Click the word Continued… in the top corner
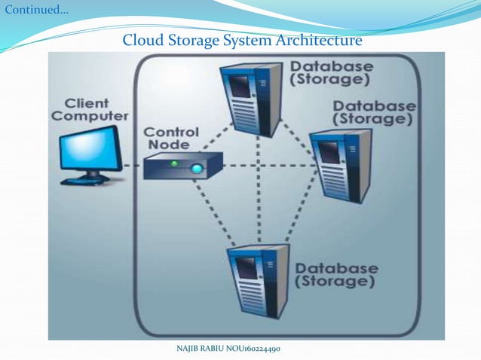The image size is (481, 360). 35,11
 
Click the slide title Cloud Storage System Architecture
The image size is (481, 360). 242,39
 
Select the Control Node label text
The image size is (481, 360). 171,137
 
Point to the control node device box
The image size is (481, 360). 183,166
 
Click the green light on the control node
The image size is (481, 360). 173,163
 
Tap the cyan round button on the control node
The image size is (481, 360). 197,169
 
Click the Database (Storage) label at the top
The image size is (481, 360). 331,72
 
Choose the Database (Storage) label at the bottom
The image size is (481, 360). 335,275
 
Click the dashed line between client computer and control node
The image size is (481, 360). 133,165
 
